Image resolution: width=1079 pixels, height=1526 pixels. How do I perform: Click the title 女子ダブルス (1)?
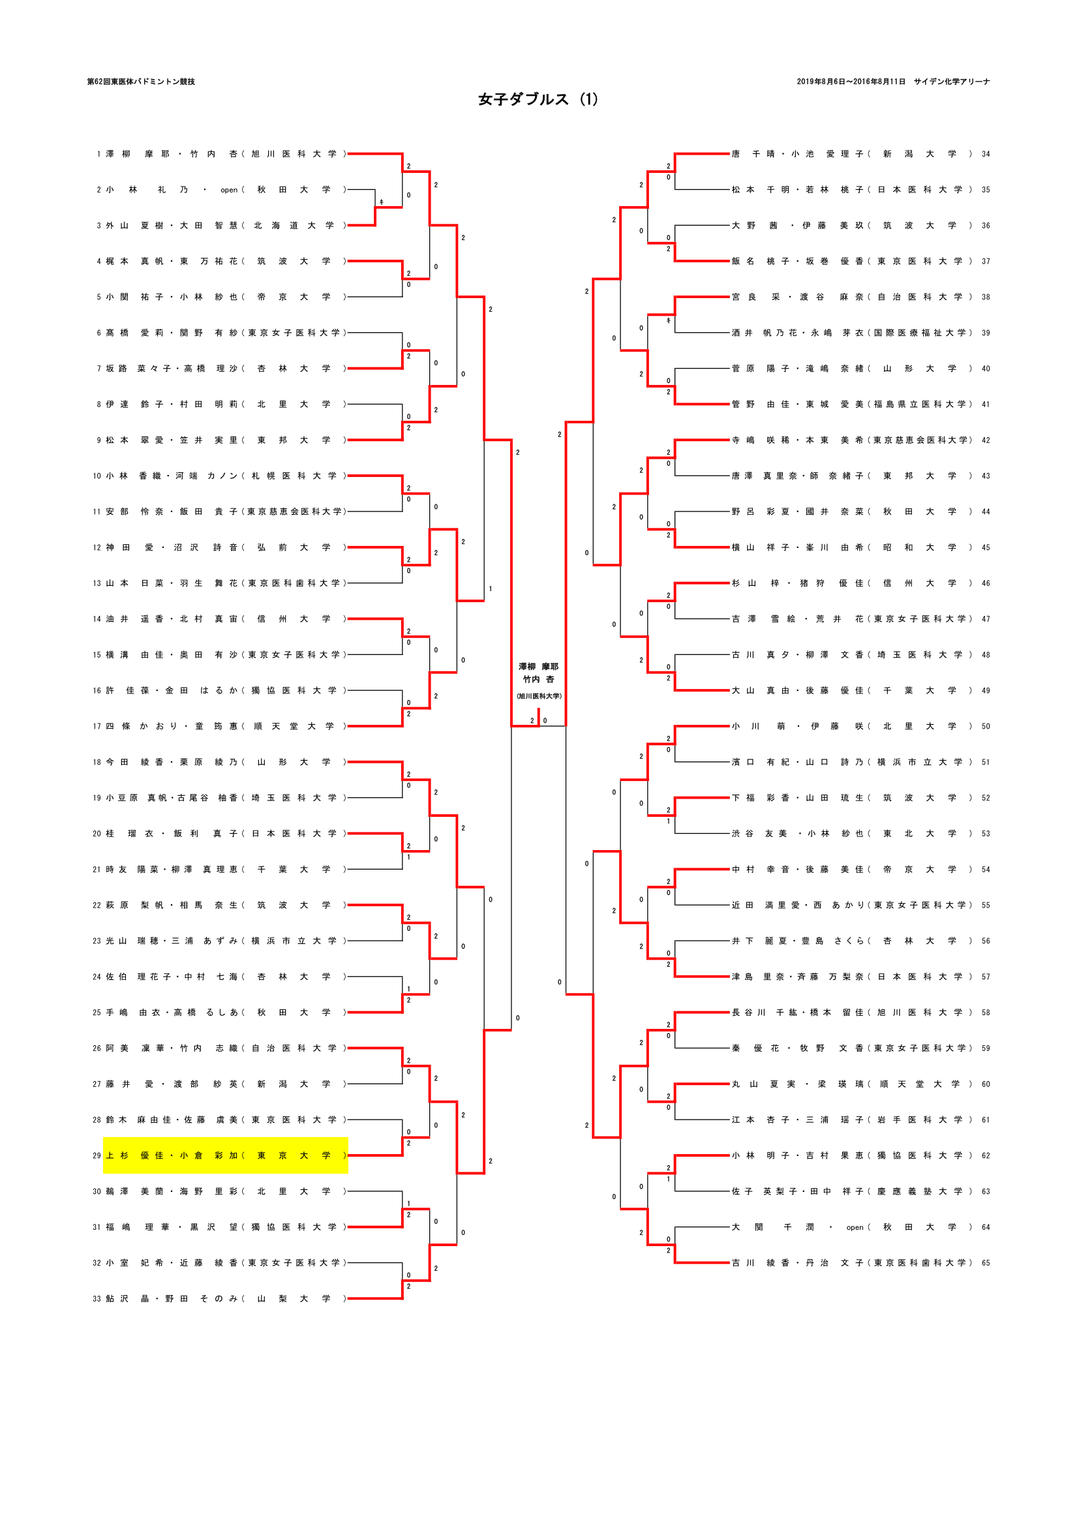(x=538, y=100)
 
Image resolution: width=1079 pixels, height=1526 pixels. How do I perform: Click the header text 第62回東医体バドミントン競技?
(x=141, y=82)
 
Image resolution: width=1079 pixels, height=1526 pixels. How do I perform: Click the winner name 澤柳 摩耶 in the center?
(x=538, y=667)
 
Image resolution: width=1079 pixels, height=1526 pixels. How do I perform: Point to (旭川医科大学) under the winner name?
(x=539, y=696)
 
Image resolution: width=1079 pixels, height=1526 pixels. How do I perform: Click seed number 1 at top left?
(x=99, y=154)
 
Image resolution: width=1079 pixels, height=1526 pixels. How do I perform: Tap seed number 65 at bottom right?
(x=985, y=1263)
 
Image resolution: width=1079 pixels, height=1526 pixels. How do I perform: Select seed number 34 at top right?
(x=985, y=154)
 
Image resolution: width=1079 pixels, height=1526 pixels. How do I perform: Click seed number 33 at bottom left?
(x=97, y=1299)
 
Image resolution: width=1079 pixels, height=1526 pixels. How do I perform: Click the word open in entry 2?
(x=229, y=190)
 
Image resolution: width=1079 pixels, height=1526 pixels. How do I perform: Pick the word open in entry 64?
(x=855, y=1228)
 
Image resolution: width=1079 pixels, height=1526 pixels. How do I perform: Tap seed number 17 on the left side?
(x=97, y=726)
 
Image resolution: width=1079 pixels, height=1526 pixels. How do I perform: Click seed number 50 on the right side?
(x=985, y=726)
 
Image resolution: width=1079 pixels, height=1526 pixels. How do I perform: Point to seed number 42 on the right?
(x=985, y=440)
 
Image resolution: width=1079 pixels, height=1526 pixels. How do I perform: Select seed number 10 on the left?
(x=97, y=476)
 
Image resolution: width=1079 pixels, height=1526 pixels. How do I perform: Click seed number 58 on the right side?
(x=985, y=1013)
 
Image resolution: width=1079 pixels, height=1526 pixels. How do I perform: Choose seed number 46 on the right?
(x=985, y=583)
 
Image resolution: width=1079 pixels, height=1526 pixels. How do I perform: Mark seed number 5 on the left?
(x=99, y=297)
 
